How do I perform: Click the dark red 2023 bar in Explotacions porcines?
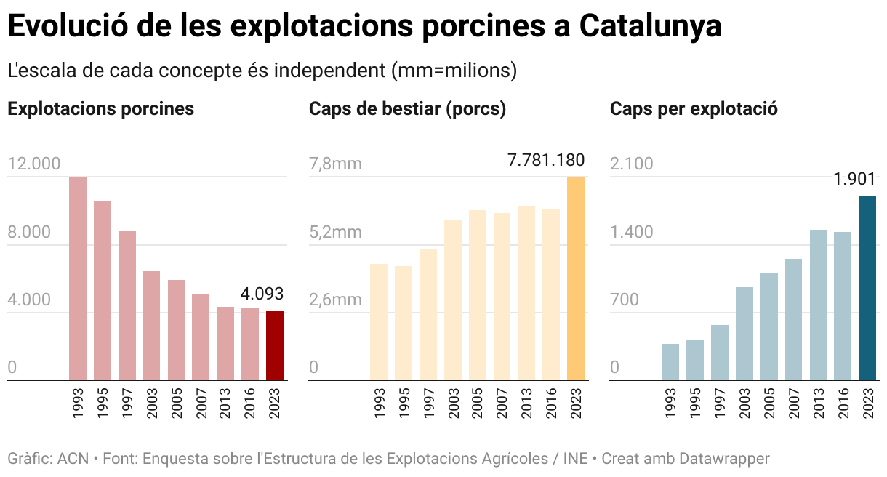click(x=275, y=345)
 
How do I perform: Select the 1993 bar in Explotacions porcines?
click(x=78, y=278)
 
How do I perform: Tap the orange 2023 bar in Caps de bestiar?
click(x=576, y=278)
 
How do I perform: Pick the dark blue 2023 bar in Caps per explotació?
click(x=867, y=288)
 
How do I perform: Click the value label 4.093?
click(x=262, y=294)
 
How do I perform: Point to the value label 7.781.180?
click(x=546, y=160)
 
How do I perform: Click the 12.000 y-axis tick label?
click(x=34, y=164)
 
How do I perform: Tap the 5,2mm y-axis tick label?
click(x=335, y=233)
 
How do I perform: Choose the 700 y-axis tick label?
click(x=625, y=300)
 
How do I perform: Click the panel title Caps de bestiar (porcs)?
click(x=407, y=109)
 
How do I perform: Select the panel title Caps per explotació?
click(x=694, y=109)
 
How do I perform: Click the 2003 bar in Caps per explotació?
click(x=744, y=333)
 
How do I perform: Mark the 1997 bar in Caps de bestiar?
click(x=428, y=314)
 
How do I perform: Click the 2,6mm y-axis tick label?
click(x=335, y=300)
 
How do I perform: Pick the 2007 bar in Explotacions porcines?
click(x=201, y=337)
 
